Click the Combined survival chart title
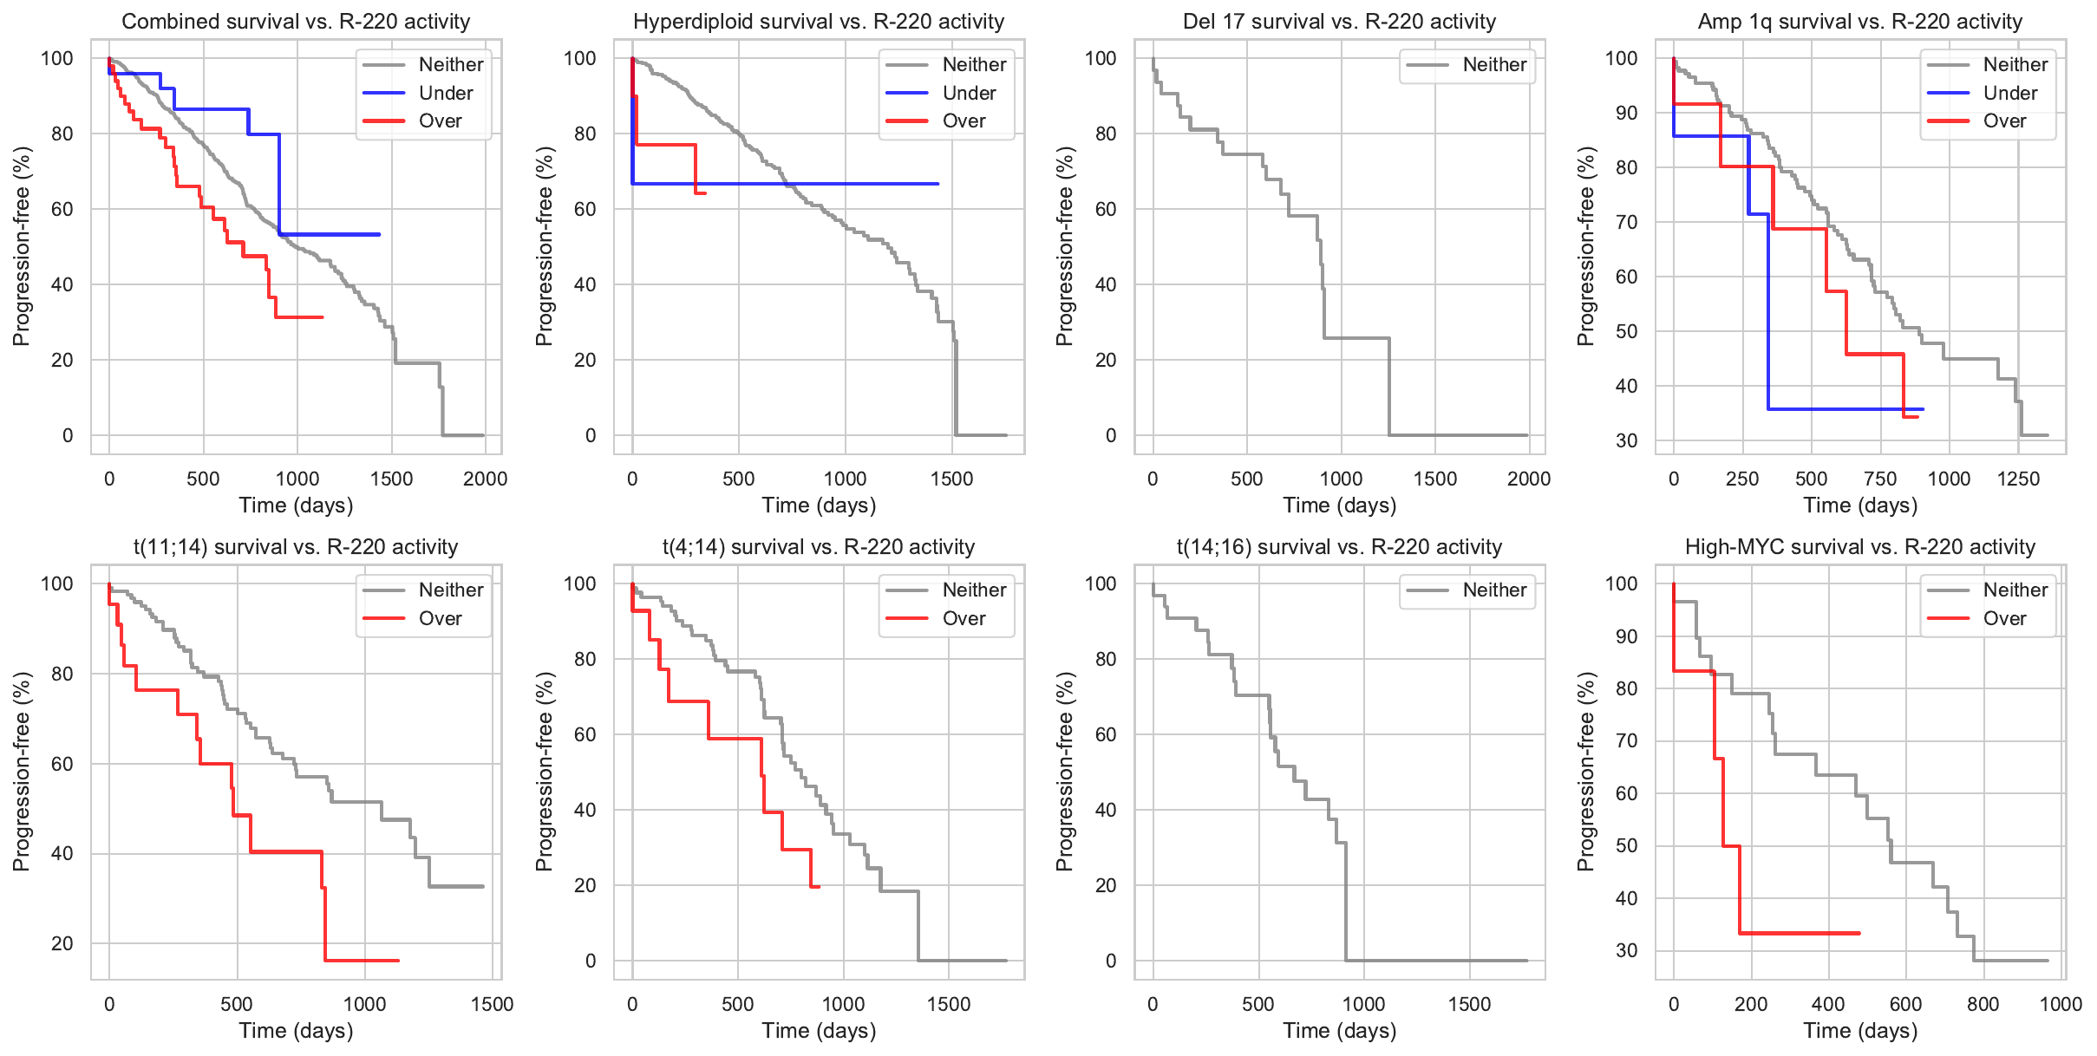[x=296, y=22]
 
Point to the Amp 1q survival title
[x=1859, y=22]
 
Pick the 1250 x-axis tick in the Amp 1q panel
[x=2018, y=479]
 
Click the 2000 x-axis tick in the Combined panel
[x=485, y=479]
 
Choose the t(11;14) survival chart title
[x=296, y=547]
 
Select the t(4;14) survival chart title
[x=818, y=547]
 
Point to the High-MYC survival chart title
[x=1859, y=547]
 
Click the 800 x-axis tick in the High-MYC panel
[x=1983, y=1004]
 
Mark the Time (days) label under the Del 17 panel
[x=1339, y=505]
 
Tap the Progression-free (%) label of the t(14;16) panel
[x=1065, y=772]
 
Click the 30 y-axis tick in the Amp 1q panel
[x=1626, y=440]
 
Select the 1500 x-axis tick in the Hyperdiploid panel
[x=951, y=479]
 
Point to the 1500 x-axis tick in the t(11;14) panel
[x=492, y=1004]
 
